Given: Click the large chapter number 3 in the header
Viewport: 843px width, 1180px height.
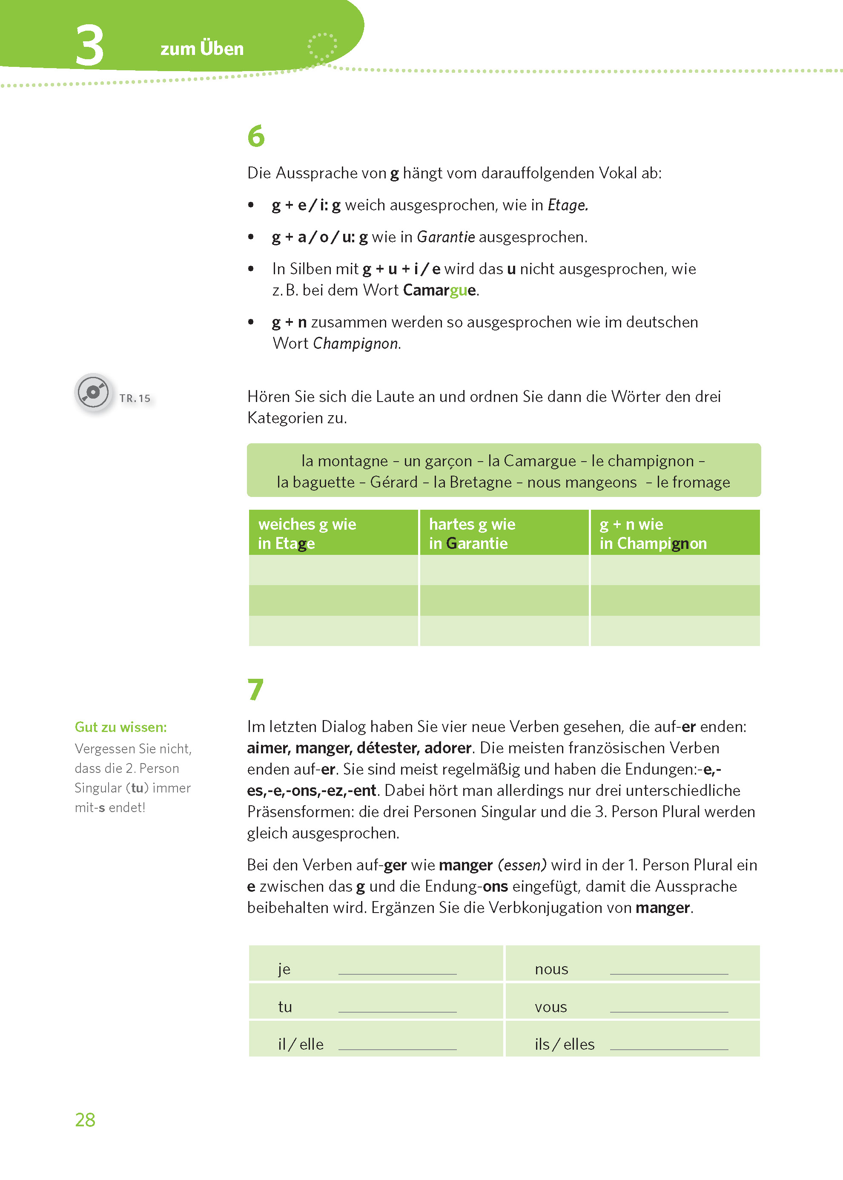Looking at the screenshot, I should [89, 46].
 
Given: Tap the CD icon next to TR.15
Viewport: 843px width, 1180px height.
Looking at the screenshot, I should [93, 393].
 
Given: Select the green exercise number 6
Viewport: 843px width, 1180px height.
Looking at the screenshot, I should [256, 136].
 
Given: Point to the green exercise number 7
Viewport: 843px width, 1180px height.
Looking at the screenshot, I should [255, 689].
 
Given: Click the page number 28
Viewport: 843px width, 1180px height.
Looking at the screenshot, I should [85, 1120].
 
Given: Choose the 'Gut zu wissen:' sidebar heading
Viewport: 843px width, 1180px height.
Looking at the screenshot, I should [121, 727].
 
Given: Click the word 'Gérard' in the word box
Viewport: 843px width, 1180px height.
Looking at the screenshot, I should [393, 482].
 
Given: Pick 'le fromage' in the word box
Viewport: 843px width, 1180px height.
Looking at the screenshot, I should [693, 482].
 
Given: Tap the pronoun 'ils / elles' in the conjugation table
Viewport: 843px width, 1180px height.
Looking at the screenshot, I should [564, 1044].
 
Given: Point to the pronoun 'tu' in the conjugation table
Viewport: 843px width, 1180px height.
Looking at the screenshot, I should [285, 1007].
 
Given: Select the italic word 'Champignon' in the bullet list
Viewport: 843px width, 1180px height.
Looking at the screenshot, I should [356, 344].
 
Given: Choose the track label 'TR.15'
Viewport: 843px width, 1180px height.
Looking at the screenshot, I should [135, 398].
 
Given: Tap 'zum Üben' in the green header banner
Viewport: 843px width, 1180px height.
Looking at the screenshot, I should [202, 48].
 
